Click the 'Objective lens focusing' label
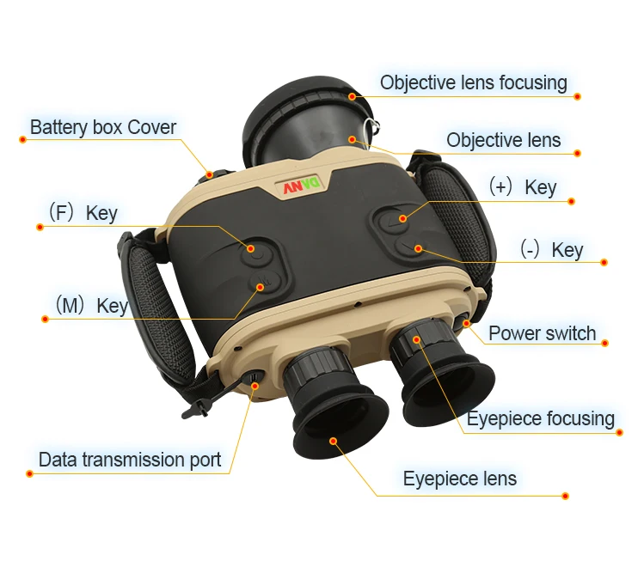click(473, 83)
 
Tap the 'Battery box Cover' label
click(103, 128)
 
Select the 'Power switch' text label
click(542, 333)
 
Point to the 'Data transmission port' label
click(130, 460)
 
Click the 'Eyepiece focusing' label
click(540, 419)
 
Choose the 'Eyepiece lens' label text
click(460, 479)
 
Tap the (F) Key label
click(83, 213)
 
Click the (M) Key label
click(91, 306)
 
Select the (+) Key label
click(523, 187)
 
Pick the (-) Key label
click(551, 250)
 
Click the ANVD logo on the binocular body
click(302, 186)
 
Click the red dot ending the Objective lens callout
click(578, 153)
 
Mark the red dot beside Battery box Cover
click(22, 140)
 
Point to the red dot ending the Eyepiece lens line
click(565, 496)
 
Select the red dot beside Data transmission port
click(30, 472)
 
